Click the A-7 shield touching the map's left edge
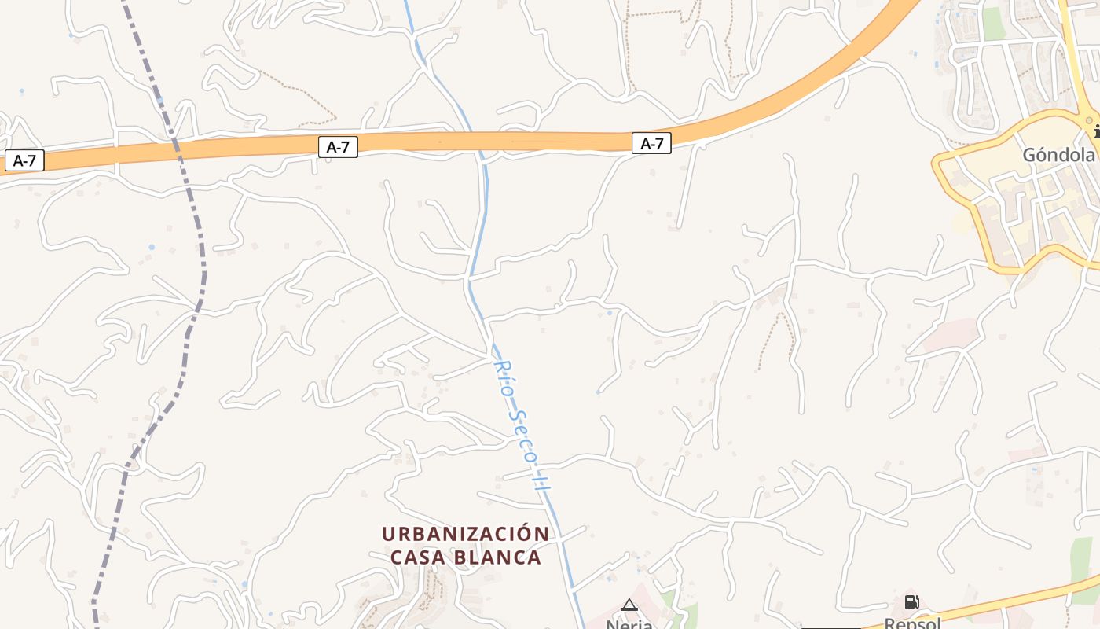24,161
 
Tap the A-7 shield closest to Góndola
651,144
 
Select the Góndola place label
1058,156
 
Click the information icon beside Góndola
1096,131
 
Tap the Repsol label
912,623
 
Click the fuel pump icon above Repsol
911,602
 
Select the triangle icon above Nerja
629,605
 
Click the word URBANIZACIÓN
465,534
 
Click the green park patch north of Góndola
994,24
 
